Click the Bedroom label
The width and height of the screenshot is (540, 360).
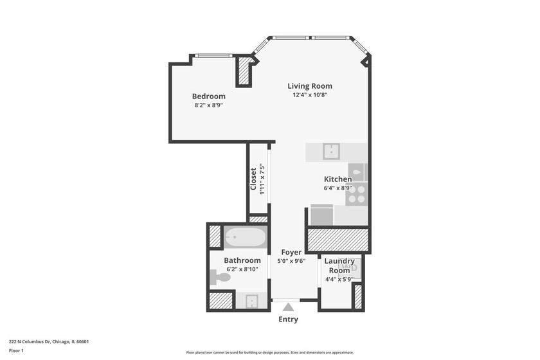pos(208,96)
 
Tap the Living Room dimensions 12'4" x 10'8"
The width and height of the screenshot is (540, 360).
pos(310,95)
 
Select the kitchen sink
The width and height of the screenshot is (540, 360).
pos(332,152)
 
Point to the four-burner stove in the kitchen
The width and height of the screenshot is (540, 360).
pos(356,194)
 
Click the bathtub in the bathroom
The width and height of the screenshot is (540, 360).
pos(244,238)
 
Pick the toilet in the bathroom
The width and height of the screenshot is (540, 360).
pos(220,278)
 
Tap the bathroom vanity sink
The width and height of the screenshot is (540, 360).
pos(251,301)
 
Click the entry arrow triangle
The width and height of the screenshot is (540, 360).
pos(288,307)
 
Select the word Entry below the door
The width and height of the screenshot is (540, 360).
pos(288,319)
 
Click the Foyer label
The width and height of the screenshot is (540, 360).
pos(291,253)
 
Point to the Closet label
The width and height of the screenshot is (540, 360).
pos(254,179)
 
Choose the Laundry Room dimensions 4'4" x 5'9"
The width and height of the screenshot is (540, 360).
pos(339,279)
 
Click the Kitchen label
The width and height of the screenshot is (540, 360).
pos(337,179)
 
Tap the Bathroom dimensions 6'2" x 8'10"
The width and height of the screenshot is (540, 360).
pos(242,269)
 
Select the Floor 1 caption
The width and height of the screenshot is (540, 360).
pos(16,351)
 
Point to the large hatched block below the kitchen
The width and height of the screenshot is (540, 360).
pos(337,240)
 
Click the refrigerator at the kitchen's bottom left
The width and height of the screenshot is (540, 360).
pos(321,214)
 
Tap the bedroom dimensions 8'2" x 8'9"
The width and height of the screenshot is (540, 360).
pos(208,105)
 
